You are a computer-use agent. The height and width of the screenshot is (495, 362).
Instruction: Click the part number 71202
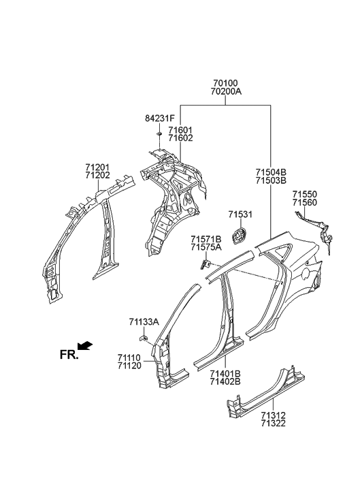[98, 176]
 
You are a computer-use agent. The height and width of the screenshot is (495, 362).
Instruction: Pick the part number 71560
[306, 203]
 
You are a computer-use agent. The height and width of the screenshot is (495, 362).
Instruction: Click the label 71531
[240, 215]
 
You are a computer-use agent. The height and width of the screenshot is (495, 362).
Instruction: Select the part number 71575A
[206, 248]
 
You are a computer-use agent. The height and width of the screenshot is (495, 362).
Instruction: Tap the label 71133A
[144, 321]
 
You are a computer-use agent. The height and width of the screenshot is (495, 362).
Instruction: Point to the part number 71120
[129, 366]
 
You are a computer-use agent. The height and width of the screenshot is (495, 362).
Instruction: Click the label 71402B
[225, 383]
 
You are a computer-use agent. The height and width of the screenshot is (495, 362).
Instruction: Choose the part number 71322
[272, 423]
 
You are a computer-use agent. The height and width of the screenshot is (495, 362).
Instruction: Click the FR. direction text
[69, 355]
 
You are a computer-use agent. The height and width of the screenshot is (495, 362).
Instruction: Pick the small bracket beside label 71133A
[145, 336]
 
